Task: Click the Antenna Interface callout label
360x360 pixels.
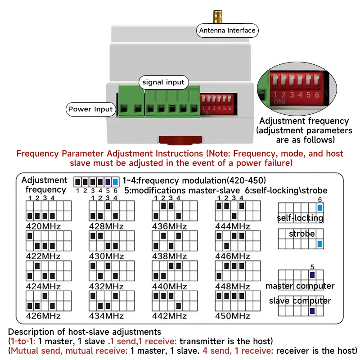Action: [x=227, y=31]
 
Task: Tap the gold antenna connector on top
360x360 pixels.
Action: [x=217, y=17]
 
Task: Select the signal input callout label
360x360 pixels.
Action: [x=163, y=82]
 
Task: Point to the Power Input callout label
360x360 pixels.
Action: [x=90, y=109]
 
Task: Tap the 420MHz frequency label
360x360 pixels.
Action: [x=43, y=226]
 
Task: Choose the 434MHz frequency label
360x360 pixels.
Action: [x=106, y=316]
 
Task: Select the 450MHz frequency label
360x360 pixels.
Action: [x=232, y=316]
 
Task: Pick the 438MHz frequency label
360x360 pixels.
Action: [x=170, y=256]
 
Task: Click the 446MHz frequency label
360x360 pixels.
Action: [x=232, y=256]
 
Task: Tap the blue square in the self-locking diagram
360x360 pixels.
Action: [x=320, y=208]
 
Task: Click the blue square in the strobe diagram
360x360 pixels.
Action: [x=320, y=244]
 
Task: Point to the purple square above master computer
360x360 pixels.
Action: [x=312, y=275]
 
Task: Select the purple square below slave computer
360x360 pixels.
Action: [x=312, y=311]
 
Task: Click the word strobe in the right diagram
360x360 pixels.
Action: [x=301, y=234]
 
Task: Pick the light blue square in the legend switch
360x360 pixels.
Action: [x=116, y=182]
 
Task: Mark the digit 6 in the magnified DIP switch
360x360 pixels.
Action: [x=317, y=95]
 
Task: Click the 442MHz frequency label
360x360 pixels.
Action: [x=170, y=316]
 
